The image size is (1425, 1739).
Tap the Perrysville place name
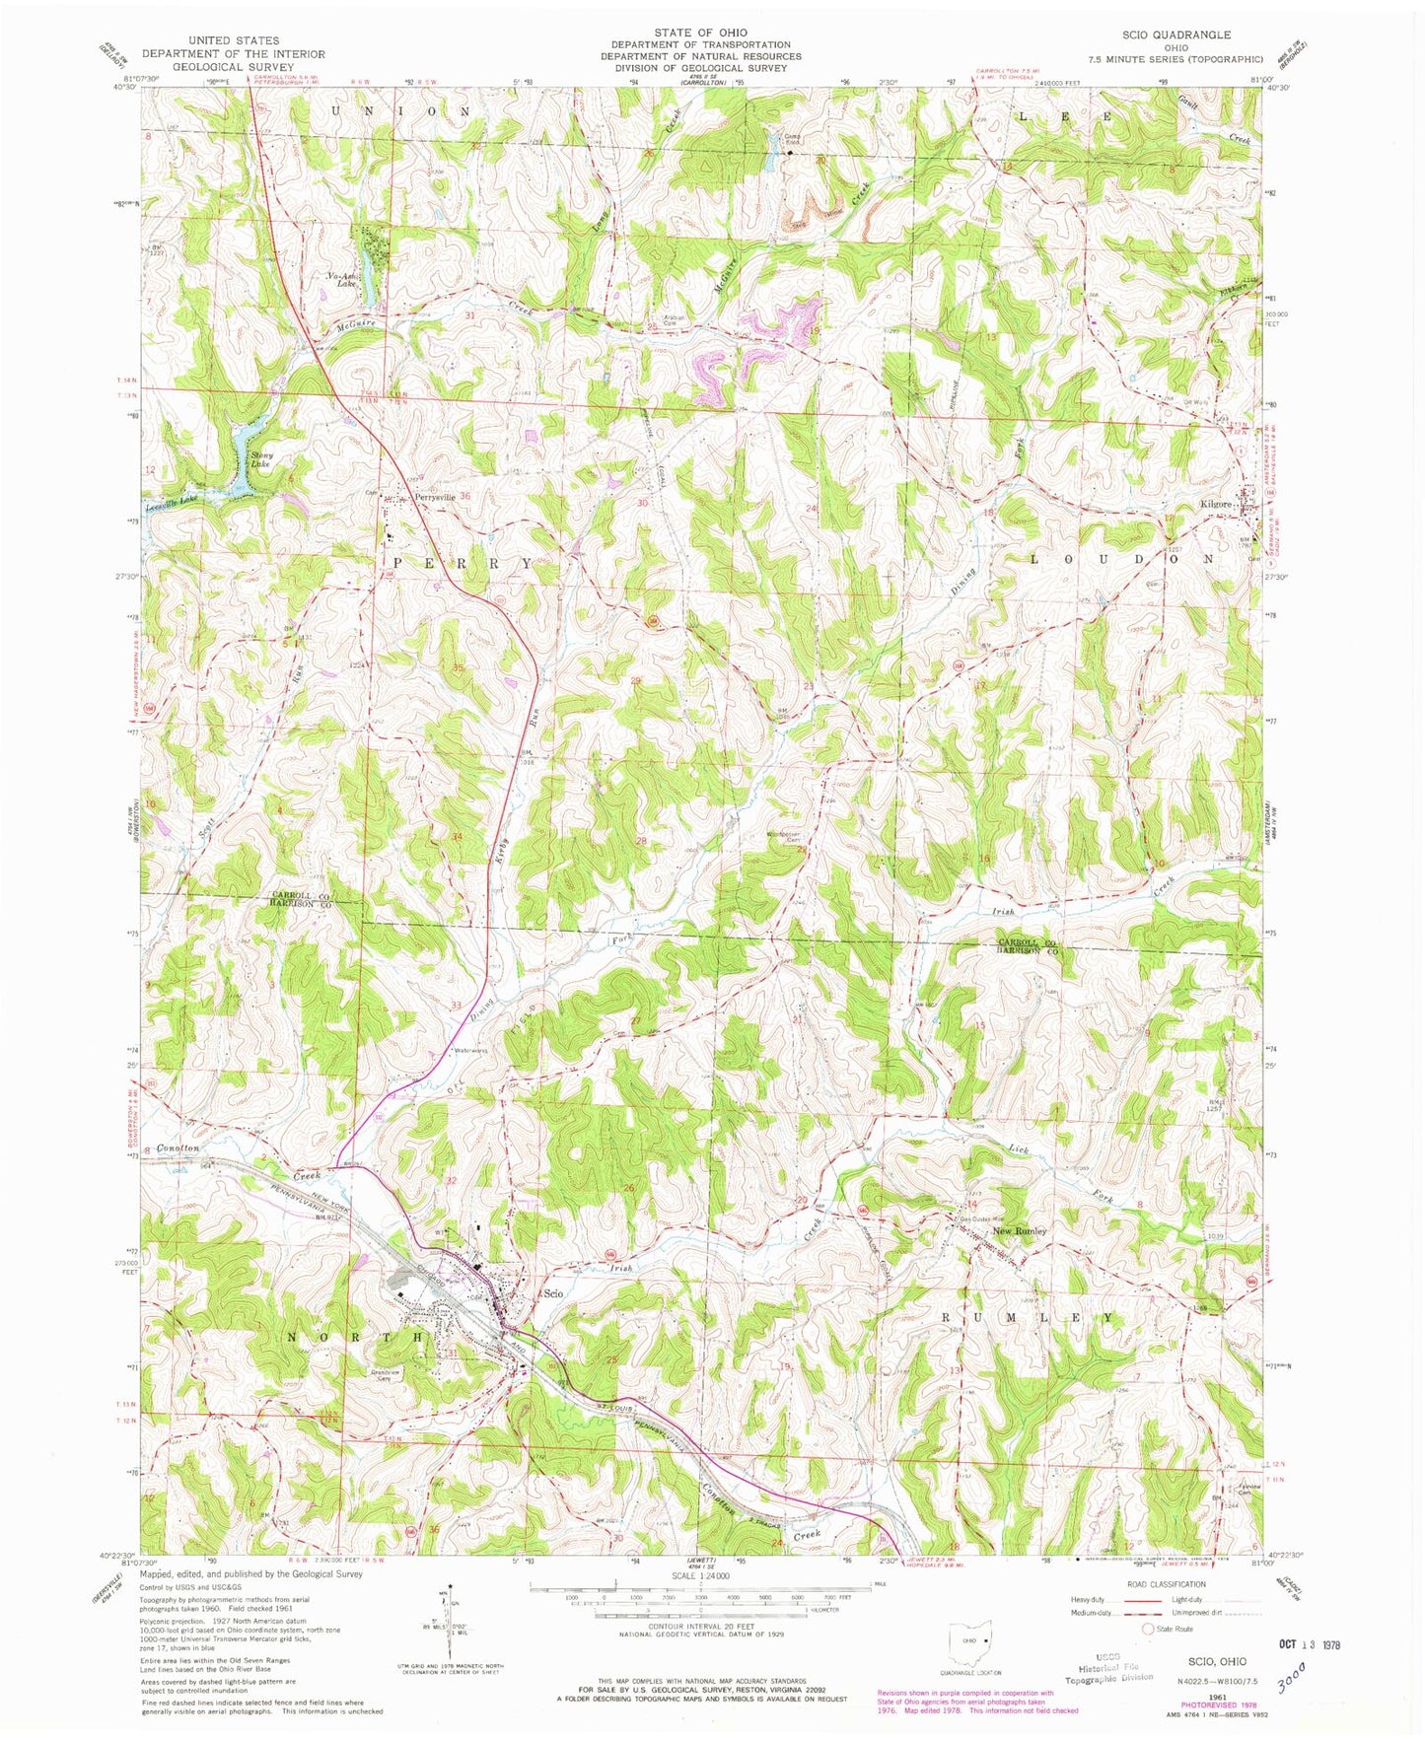(x=435, y=498)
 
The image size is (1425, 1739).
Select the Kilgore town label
(x=1215, y=504)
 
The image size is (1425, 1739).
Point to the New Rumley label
(x=1019, y=1231)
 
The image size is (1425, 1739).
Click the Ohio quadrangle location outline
(x=970, y=1643)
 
